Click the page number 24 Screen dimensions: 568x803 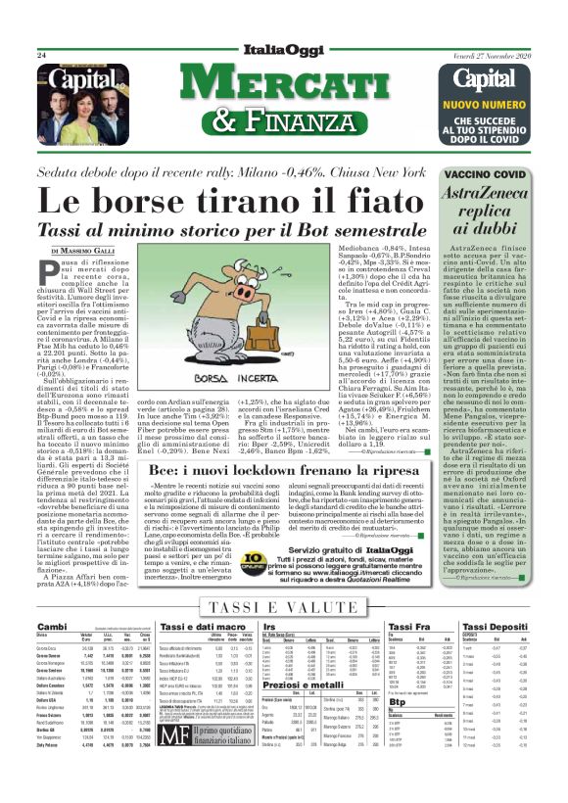click(x=42, y=56)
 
